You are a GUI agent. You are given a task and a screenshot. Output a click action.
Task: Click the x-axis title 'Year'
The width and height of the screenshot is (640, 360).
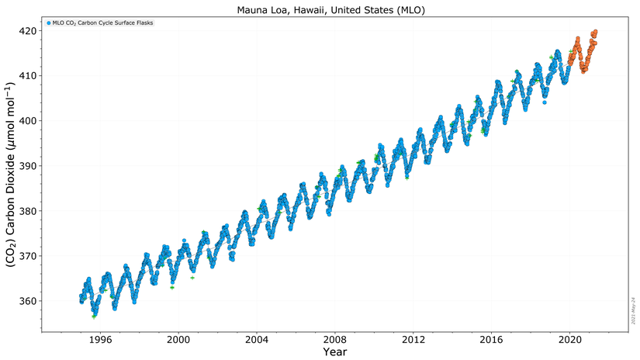(335, 351)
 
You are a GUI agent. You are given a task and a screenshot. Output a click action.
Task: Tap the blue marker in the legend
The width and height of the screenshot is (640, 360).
(48, 23)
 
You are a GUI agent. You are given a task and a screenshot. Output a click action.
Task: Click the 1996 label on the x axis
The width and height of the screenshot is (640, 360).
(100, 339)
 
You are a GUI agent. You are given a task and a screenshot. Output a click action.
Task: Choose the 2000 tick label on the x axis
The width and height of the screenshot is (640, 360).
(178, 339)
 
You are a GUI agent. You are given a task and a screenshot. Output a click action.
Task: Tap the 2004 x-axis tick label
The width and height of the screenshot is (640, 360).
(257, 339)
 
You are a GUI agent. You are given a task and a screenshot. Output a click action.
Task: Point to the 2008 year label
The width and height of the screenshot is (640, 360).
(335, 339)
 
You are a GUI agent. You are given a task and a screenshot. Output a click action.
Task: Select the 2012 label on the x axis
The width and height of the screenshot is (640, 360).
(413, 339)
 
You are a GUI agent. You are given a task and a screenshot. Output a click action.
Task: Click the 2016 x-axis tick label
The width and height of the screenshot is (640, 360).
(492, 339)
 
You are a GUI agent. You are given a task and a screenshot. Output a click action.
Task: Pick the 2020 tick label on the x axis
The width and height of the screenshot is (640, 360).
(570, 339)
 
